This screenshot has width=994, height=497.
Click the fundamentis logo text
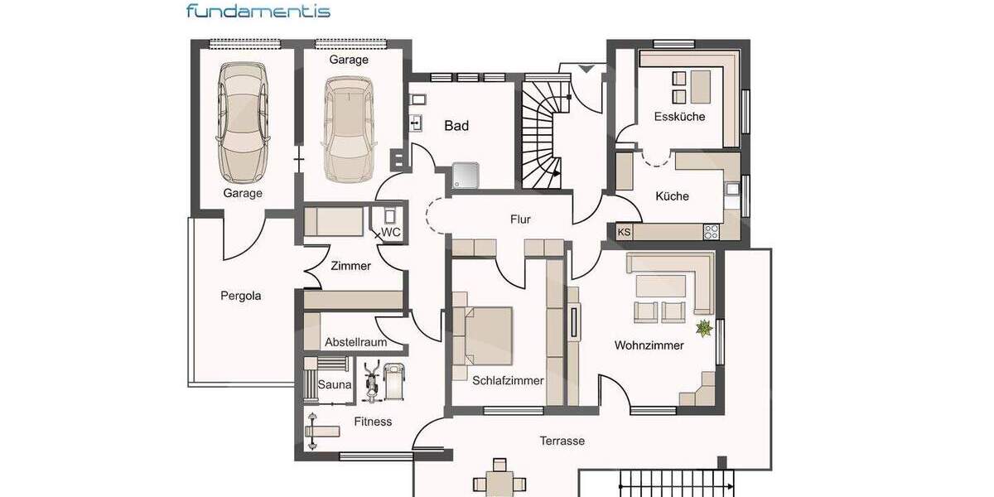coord(258,11)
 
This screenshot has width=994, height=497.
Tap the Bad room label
coord(456,126)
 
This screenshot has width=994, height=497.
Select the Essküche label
coord(679,117)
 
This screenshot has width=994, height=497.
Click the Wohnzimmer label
coord(649,345)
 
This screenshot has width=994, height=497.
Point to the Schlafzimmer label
coord(508,381)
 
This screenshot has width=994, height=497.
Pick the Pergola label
coord(241,295)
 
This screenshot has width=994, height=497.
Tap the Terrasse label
coord(562,441)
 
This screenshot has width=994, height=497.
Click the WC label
coord(391,233)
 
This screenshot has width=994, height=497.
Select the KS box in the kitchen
coord(624,233)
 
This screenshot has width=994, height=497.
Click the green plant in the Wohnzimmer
coord(704,329)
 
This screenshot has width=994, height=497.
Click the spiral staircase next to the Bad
coord(542,133)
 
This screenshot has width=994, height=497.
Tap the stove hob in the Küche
coord(711,232)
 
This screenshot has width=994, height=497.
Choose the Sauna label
coord(335,385)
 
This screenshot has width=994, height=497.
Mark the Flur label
coord(520,220)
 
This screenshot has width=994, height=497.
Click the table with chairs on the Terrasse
coord(499,481)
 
